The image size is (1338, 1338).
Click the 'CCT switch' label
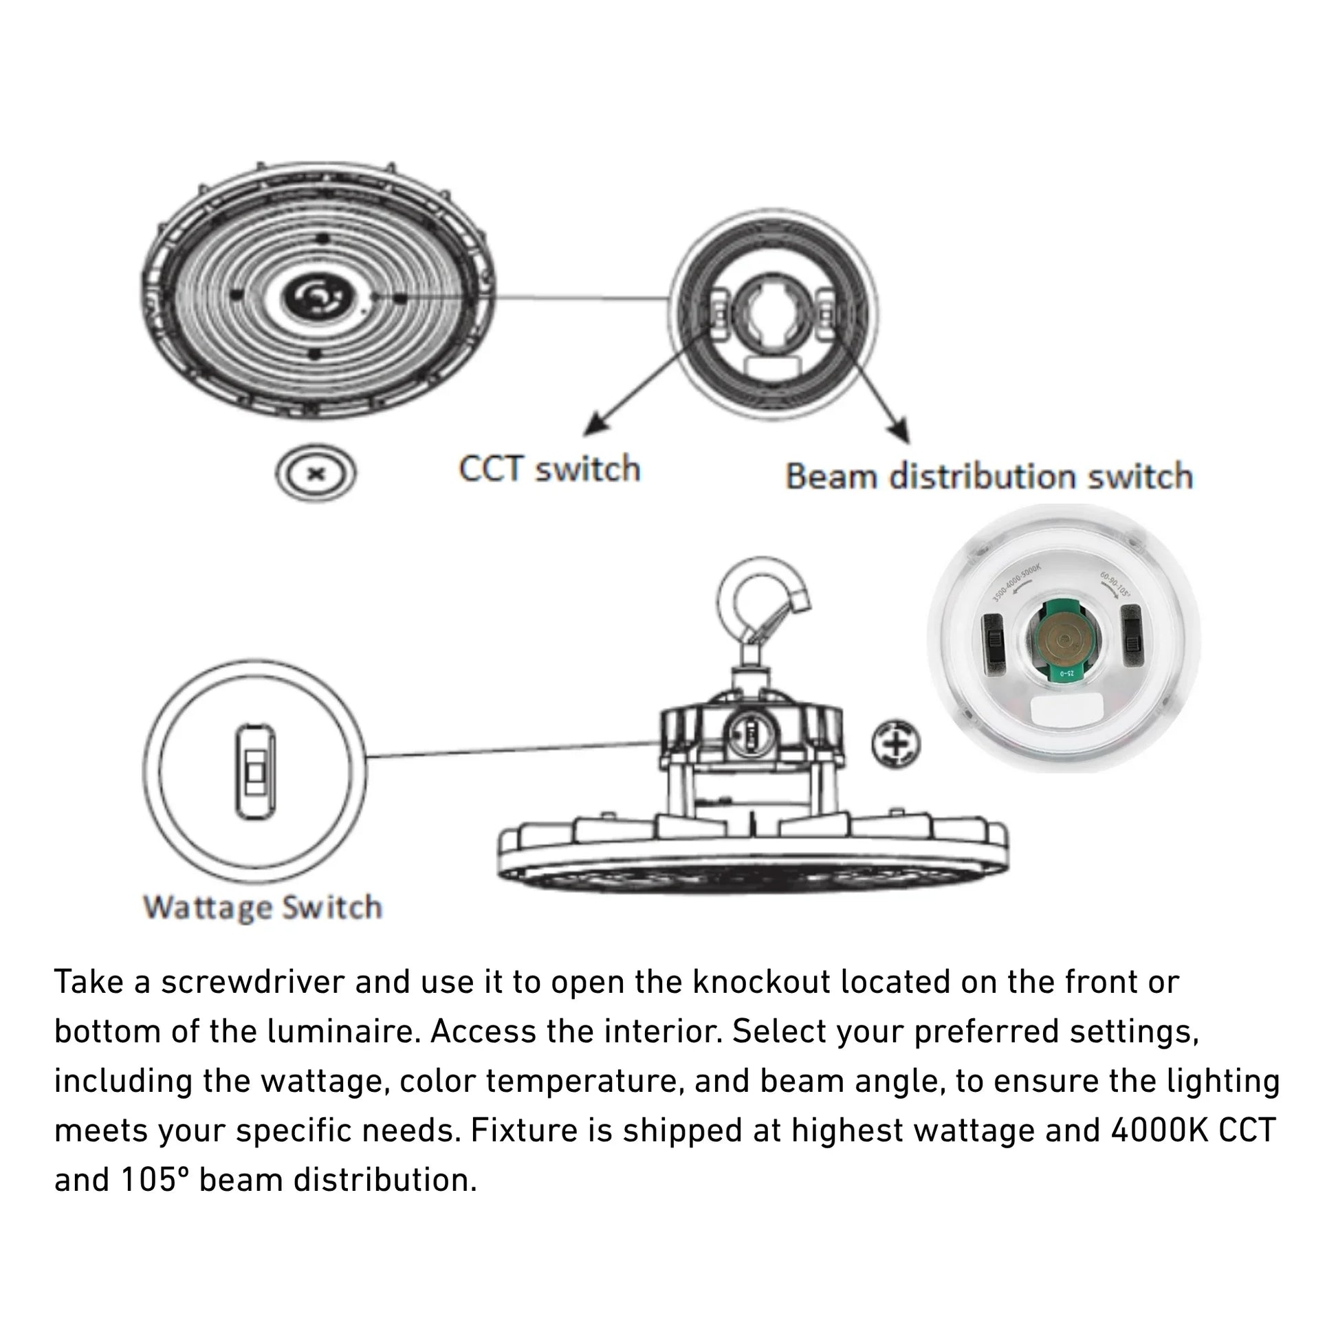coord(549,469)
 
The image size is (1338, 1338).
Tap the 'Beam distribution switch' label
coord(988,476)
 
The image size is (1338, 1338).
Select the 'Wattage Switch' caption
coord(262,907)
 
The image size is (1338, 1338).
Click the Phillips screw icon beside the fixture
coord(895,745)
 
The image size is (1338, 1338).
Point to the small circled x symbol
coord(316,474)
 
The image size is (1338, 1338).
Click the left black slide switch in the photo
coord(994,639)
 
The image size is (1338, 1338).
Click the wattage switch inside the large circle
coord(255,771)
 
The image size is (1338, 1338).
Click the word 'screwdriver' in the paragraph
coord(253,982)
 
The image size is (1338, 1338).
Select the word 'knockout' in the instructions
coord(761,982)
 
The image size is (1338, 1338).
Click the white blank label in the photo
coord(1067,710)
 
